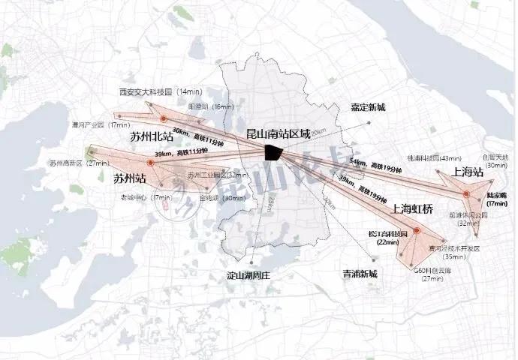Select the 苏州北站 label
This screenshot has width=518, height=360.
tap(152, 137)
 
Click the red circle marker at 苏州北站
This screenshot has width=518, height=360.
tap(162, 119)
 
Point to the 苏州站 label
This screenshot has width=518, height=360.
tap(129, 178)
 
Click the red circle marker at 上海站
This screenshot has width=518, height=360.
tap(466, 193)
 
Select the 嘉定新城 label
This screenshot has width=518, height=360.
tap(368, 107)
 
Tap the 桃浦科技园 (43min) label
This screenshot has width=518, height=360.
tap(433, 158)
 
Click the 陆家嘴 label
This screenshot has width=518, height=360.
tap(497, 195)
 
